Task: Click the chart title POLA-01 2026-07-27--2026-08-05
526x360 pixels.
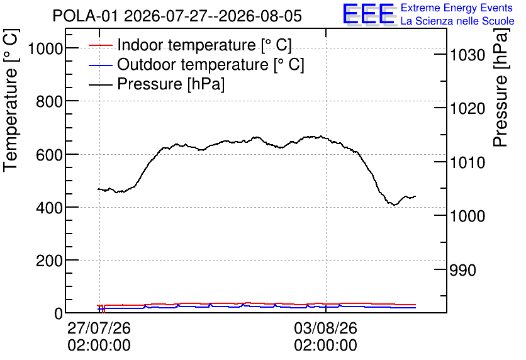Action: click(x=177, y=16)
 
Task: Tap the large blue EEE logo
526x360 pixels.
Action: click(x=369, y=14)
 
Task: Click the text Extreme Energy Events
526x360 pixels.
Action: click(x=457, y=8)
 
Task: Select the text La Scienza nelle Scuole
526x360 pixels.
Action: click(x=457, y=21)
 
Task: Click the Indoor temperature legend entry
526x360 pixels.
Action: click(x=190, y=45)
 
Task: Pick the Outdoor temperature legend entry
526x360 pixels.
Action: click(x=196, y=64)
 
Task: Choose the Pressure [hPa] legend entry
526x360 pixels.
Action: click(x=156, y=84)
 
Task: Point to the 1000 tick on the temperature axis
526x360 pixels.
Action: click(x=45, y=49)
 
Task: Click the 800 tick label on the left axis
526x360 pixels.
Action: click(x=49, y=102)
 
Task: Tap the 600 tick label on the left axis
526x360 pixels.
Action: click(x=49, y=155)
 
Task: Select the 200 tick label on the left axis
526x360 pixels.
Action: click(x=49, y=261)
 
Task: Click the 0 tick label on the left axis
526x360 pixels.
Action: click(x=59, y=313)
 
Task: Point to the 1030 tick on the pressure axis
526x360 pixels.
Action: click(x=467, y=55)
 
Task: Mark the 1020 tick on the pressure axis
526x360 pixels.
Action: click(x=467, y=108)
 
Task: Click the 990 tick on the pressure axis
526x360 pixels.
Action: click(x=462, y=270)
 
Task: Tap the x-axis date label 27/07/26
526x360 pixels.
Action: click(x=99, y=328)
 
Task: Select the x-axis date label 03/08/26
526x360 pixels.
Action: click(x=326, y=328)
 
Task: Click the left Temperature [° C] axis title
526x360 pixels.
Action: click(x=11, y=100)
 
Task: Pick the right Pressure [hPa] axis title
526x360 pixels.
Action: click(x=501, y=87)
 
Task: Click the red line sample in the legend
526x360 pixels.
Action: click(x=100, y=45)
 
